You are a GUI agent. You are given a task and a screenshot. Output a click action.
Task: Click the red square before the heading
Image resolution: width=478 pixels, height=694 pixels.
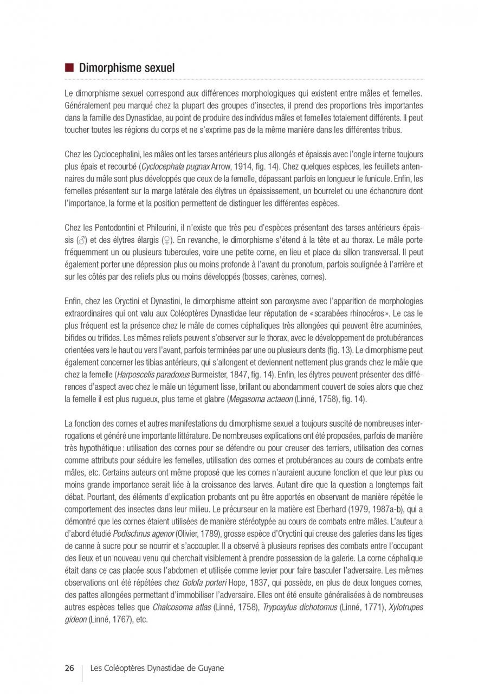click(68, 68)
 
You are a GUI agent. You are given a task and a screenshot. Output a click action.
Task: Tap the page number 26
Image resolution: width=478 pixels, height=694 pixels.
click(69, 668)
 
